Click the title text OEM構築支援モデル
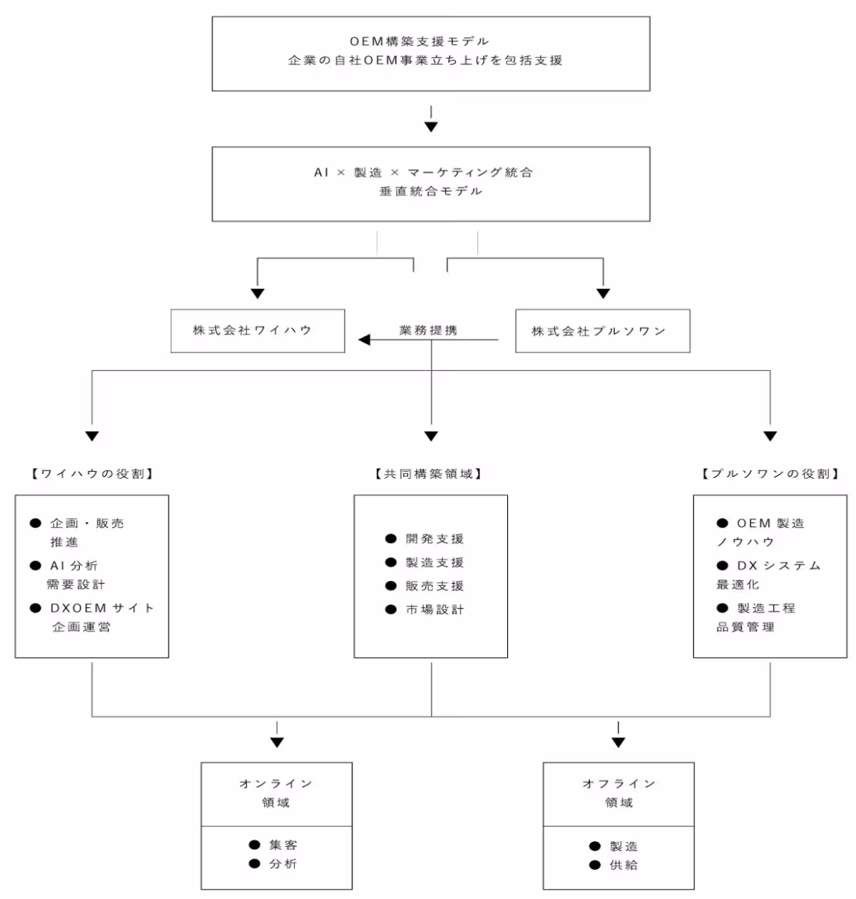(419, 41)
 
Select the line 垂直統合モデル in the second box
(431, 191)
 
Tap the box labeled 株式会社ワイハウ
(258, 331)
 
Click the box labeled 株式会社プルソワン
(603, 331)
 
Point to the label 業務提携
(428, 330)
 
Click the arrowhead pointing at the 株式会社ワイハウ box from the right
(365, 340)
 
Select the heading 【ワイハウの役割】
(92, 474)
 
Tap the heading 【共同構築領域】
(429, 474)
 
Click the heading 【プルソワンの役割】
(770, 474)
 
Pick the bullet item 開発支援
(434, 539)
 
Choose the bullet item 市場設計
(434, 609)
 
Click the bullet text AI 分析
(73, 566)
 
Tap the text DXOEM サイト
(101, 608)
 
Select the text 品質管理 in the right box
(745, 627)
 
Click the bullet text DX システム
(778, 566)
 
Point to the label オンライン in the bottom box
(276, 783)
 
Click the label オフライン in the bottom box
(618, 783)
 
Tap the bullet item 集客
(282, 845)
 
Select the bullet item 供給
(623, 865)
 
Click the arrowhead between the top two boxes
(431, 127)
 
